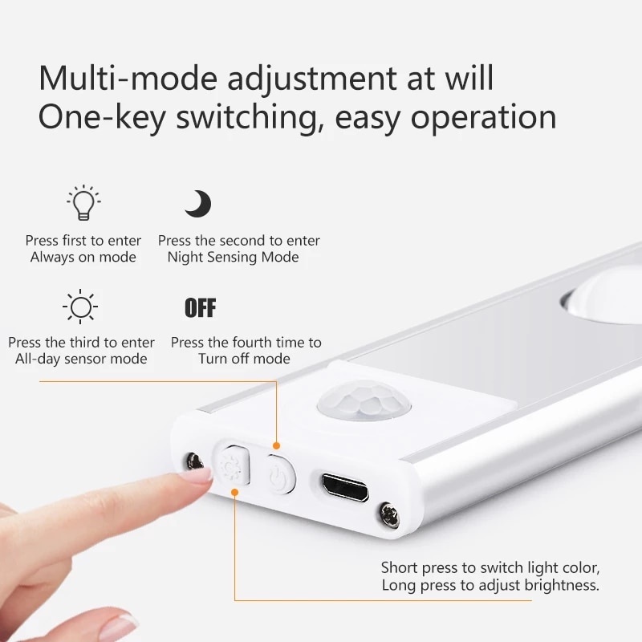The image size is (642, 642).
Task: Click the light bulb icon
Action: click(x=83, y=203)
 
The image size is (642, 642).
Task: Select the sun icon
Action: click(x=80, y=307)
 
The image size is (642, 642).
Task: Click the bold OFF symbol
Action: click(x=200, y=307)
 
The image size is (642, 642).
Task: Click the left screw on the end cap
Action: click(x=193, y=461)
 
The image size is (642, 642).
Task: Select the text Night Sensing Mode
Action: click(x=233, y=258)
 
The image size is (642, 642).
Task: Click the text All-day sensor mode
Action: click(x=81, y=360)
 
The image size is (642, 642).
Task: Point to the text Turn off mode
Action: click(x=245, y=360)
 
